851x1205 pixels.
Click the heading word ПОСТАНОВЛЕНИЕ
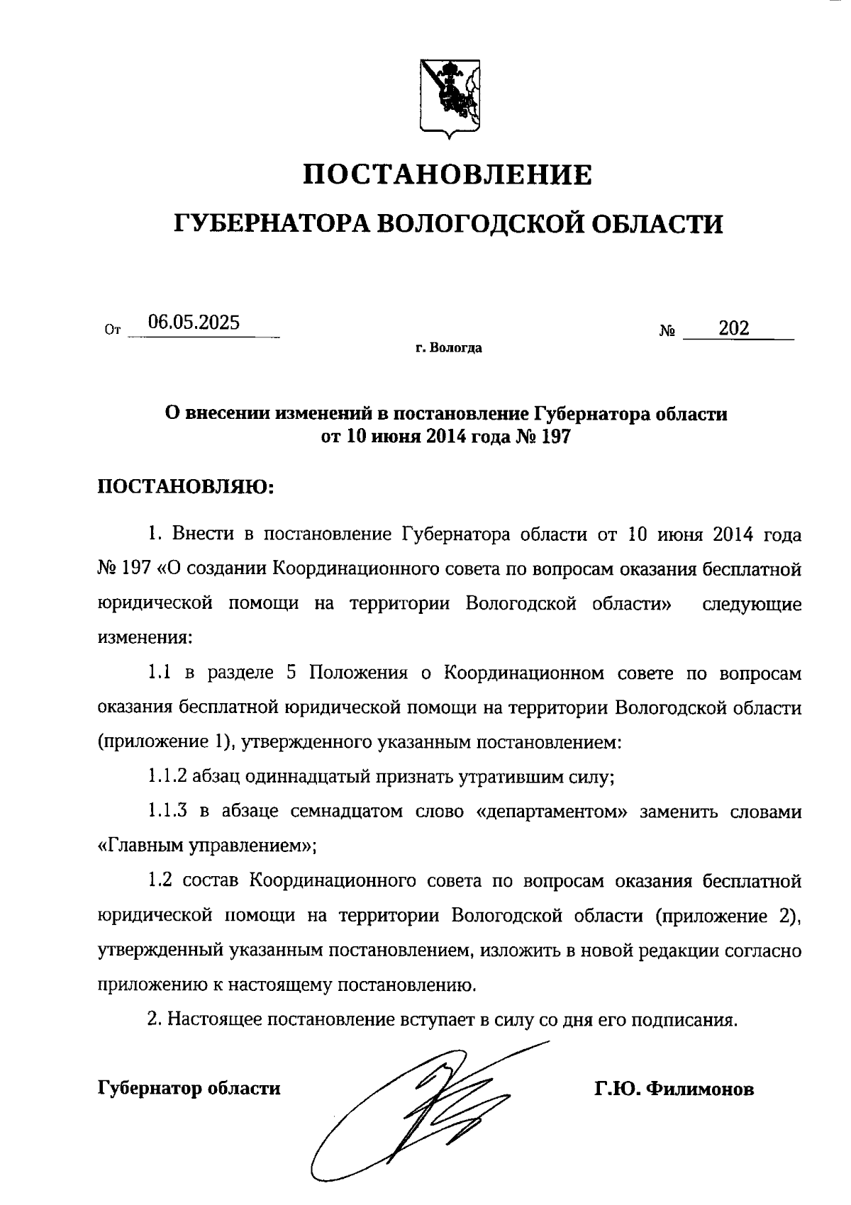[447, 174]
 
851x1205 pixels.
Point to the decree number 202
[733, 328]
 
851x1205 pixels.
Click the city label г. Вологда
[448, 348]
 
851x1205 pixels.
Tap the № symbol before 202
[667, 331]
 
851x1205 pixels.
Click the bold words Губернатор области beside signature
[189, 1088]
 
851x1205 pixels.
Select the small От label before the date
[113, 330]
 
